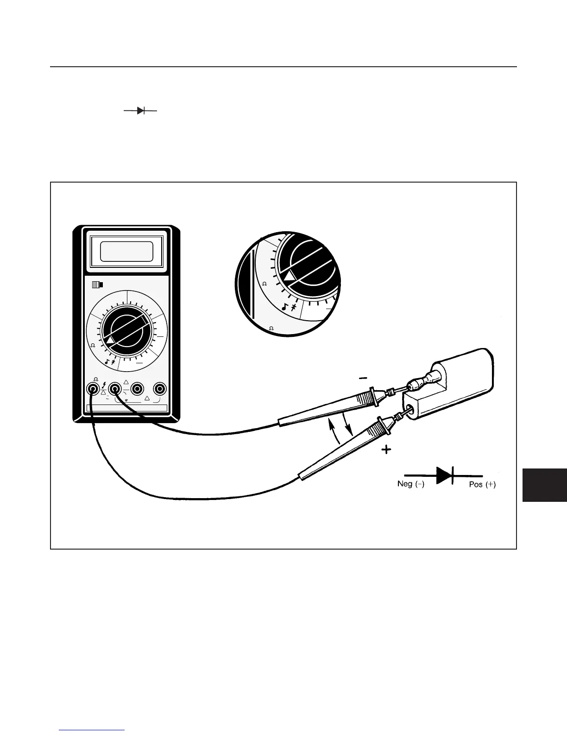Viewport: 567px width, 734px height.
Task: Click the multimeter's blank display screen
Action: [x=126, y=252]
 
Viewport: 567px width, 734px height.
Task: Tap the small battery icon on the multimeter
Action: [x=98, y=285]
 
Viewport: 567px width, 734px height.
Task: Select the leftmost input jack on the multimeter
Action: [x=93, y=388]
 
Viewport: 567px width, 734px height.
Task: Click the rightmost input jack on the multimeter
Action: [x=160, y=388]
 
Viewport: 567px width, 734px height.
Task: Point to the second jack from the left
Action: [x=115, y=388]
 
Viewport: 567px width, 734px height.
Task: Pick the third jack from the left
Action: [x=137, y=388]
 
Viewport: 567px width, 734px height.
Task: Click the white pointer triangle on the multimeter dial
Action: [x=110, y=341]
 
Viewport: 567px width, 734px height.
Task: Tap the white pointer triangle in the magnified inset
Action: [x=290, y=277]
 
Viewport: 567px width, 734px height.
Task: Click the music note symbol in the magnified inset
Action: [x=285, y=306]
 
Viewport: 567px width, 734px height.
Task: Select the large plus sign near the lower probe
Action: [x=386, y=450]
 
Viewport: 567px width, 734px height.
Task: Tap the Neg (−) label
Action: [x=410, y=484]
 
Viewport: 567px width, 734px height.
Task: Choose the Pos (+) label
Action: [x=482, y=484]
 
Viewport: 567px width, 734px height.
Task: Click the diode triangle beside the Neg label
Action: [x=444, y=475]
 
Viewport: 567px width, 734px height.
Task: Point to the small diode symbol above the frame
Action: [x=140, y=111]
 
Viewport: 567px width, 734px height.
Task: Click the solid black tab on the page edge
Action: [x=544, y=485]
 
